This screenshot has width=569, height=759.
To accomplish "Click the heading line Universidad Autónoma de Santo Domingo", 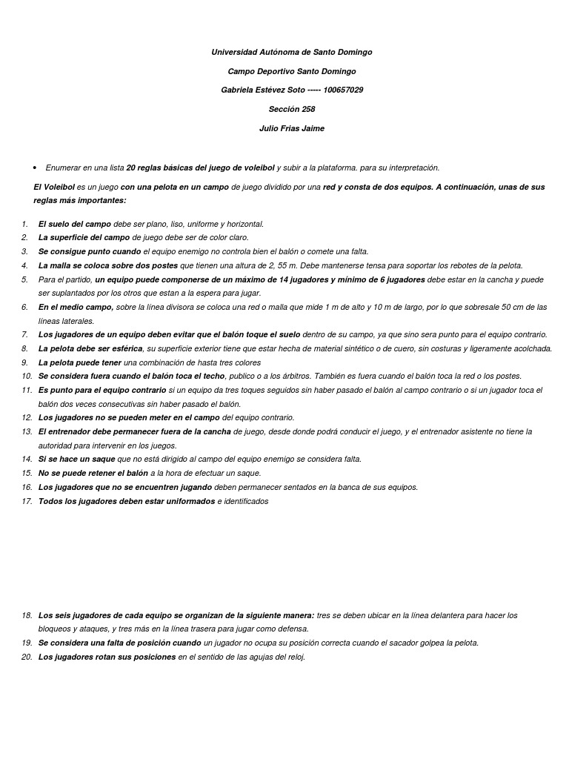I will pyautogui.click(x=292, y=53).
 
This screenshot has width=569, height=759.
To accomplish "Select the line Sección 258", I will pyautogui.click(x=292, y=109).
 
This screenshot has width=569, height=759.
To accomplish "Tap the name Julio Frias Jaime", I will pyautogui.click(x=292, y=128).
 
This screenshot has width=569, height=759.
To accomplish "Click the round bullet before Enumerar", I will pyautogui.click(x=35, y=168).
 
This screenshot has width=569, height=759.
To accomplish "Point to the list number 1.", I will pyautogui.click(x=24, y=224).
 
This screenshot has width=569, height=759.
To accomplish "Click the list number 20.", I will pyautogui.click(x=27, y=657).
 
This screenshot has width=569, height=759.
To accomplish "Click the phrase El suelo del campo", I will pyautogui.click(x=75, y=224).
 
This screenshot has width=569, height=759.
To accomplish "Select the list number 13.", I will pyautogui.click(x=27, y=431).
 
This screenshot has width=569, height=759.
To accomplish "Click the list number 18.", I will pyautogui.click(x=27, y=615).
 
